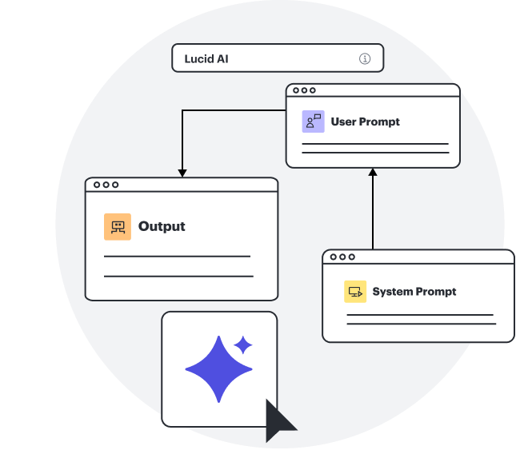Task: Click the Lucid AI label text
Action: coord(206,58)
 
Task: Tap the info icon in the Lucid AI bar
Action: coord(365,58)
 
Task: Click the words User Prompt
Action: coord(365,121)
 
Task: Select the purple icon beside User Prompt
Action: coord(313,121)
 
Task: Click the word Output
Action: coord(162,226)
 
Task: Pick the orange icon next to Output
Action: coord(118,227)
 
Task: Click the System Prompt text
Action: coord(414,291)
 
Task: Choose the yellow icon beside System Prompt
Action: coord(355,292)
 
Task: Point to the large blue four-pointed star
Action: coord(218,368)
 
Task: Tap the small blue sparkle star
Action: coord(242,344)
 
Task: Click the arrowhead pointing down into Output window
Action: coord(182,173)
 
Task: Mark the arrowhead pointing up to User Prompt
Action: coord(373,172)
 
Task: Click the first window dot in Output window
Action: coord(96,185)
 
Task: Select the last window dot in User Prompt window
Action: coord(313,90)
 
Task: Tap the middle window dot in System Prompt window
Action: coord(342,257)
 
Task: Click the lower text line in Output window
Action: coord(178,276)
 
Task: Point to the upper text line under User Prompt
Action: coord(375,144)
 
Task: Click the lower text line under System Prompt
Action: coord(421,324)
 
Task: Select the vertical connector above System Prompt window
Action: coord(373,212)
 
